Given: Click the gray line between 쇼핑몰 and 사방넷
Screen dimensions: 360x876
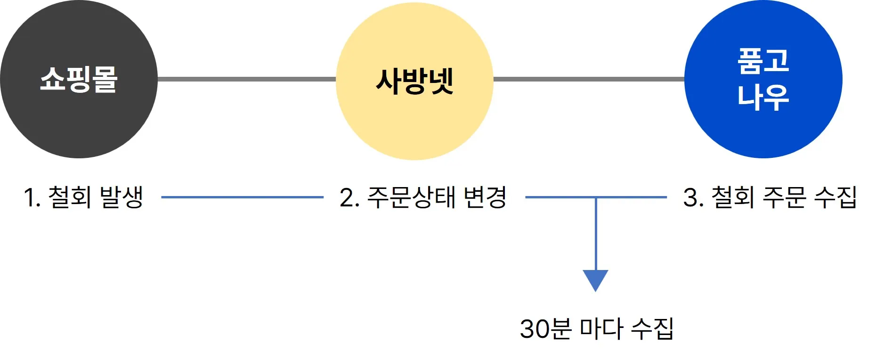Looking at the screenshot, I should click(x=246, y=79).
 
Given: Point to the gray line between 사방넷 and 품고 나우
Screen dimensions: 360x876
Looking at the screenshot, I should click(x=589, y=79).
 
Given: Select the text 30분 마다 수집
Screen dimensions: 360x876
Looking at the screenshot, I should click(x=597, y=328).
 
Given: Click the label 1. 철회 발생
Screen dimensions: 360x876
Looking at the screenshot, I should click(x=84, y=197).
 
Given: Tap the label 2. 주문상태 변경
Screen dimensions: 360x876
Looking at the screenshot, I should click(x=423, y=197).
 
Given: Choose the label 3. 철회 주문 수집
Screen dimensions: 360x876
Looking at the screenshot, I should click(x=770, y=197).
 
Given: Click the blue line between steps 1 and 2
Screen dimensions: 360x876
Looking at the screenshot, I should click(x=242, y=197).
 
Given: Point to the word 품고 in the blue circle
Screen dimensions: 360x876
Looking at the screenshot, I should click(x=763, y=61).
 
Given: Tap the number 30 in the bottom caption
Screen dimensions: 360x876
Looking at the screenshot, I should click(x=534, y=329).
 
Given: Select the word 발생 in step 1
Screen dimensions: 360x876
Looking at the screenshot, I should click(x=122, y=197).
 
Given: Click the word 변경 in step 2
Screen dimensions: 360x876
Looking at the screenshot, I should click(x=485, y=197).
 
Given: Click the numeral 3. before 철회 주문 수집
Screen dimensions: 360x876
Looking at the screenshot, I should click(x=693, y=197).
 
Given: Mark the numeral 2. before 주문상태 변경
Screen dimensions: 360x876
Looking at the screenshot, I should click(x=349, y=197).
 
